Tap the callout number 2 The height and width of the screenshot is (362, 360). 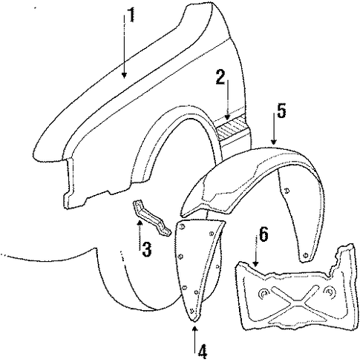pyautogui.click(x=220, y=77)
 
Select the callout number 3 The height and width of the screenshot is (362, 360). pyautogui.click(x=146, y=249)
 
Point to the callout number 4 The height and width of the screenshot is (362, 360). pyautogui.click(x=203, y=352)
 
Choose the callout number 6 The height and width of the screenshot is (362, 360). pyautogui.click(x=263, y=234)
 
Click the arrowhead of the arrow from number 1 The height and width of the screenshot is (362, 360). pyautogui.click(x=124, y=75)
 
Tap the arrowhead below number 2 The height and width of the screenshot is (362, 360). pyautogui.click(x=227, y=116)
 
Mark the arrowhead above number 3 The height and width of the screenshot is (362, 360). pyautogui.click(x=140, y=223)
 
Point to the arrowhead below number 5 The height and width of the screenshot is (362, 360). pyautogui.click(x=273, y=142)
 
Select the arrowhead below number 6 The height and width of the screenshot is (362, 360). pyautogui.click(x=255, y=263)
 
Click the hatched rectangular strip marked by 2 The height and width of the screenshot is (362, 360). pyautogui.click(x=232, y=128)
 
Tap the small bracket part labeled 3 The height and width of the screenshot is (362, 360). pyautogui.click(x=151, y=217)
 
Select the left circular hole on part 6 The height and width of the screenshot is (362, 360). pyautogui.click(x=264, y=294)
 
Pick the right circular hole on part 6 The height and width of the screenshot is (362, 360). pyautogui.click(x=330, y=292)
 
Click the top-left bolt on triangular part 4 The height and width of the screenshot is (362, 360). pyautogui.click(x=182, y=226)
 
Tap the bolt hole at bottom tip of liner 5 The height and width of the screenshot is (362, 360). pyautogui.click(x=305, y=255)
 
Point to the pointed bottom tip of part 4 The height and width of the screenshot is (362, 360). pyautogui.click(x=194, y=321)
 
